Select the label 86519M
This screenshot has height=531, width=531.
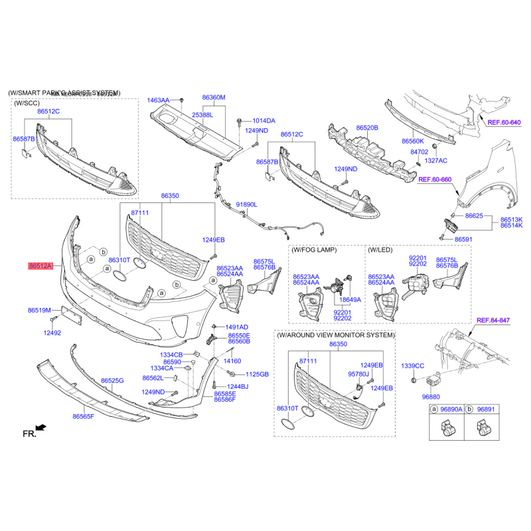point(40,310)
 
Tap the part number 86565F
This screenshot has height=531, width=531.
point(84,416)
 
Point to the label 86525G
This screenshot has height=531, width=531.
point(112,380)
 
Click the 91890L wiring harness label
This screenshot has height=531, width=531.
point(246,205)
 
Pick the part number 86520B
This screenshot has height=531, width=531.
point(366,127)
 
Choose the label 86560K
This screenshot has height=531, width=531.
point(412,141)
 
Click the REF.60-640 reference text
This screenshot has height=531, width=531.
point(504,123)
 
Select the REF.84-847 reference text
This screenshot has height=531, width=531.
point(493,321)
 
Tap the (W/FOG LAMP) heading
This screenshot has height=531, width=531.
point(314,250)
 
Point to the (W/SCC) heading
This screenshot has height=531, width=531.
point(27,103)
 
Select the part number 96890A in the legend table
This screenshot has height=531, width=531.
point(451,411)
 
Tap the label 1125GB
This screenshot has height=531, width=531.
point(257,374)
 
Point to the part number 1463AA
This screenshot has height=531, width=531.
point(159,100)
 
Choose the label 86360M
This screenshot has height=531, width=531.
point(214,97)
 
